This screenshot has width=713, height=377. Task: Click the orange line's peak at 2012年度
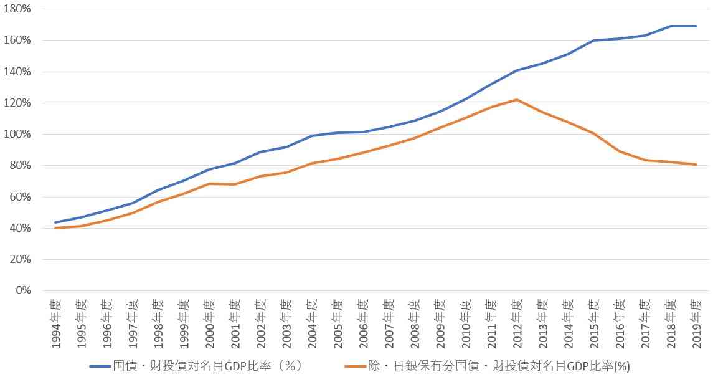click(x=516, y=100)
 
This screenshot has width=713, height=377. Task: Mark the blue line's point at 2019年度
click(x=696, y=26)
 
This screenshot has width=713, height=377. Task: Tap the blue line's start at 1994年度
click(x=56, y=222)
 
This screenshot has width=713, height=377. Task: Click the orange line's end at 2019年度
click(x=696, y=165)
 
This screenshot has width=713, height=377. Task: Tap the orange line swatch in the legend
click(x=357, y=365)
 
